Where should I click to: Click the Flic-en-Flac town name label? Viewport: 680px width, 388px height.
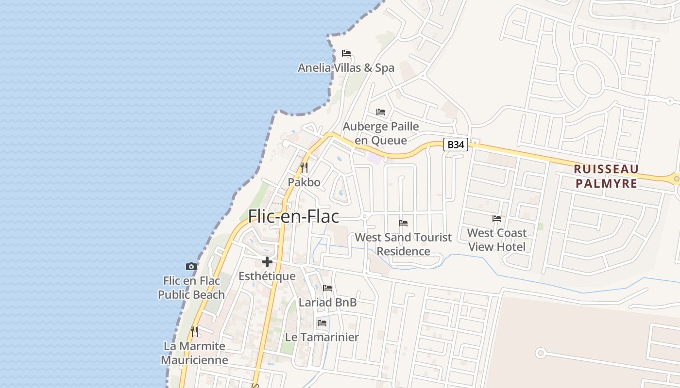click(293, 216)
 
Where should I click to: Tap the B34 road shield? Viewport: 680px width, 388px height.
click(456, 145)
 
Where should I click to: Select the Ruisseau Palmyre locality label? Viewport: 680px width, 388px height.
click(606, 176)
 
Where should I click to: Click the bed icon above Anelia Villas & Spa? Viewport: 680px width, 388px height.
click(346, 53)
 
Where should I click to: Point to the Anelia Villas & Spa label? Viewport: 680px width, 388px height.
click(346, 68)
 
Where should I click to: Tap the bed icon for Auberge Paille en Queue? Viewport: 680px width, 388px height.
click(381, 112)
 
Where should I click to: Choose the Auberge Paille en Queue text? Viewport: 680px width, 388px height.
click(381, 133)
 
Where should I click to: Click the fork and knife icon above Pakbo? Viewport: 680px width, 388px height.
click(304, 168)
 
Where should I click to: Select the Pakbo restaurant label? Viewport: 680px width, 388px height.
click(304, 182)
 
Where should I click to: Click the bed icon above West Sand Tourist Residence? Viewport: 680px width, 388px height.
click(403, 223)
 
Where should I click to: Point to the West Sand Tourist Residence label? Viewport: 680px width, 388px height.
click(403, 244)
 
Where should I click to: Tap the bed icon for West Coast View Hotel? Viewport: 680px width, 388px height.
click(497, 219)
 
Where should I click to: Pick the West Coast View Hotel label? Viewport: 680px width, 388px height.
click(497, 240)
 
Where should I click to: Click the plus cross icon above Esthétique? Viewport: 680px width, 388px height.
click(267, 262)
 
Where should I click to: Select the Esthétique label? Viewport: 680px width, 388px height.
click(267, 276)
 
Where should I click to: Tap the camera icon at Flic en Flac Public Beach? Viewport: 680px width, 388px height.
click(191, 266)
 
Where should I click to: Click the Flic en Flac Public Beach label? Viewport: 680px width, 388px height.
click(191, 288)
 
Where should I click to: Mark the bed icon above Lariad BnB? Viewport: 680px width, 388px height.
click(327, 288)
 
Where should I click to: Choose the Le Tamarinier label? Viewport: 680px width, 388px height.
click(322, 337)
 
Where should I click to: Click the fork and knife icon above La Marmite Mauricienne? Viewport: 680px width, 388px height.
click(194, 332)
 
